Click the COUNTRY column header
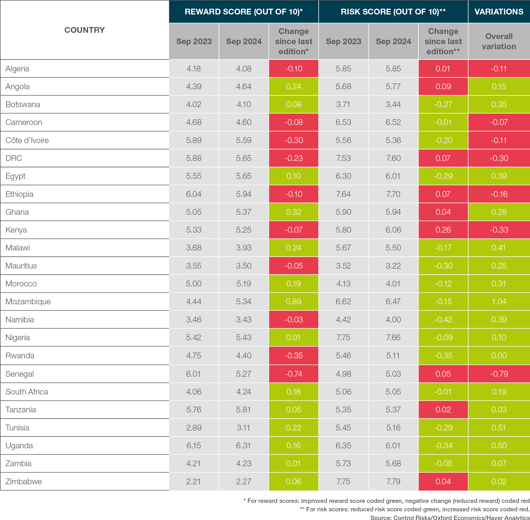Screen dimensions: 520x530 coord(84,30)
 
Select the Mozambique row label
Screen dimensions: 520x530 coord(28,302)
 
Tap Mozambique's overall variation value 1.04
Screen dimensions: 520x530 coord(499,302)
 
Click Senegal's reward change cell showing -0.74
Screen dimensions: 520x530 coord(294,374)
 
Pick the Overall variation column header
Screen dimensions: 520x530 coord(499,41)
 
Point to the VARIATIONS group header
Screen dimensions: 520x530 coord(499,12)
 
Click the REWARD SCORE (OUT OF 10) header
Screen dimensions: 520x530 coord(244,12)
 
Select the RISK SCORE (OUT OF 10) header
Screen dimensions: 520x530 coord(393,12)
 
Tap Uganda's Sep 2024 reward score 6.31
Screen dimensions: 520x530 coord(244,445)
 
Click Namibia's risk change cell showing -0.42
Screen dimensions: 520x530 coord(443,319)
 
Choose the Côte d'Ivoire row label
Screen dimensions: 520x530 coord(27,140)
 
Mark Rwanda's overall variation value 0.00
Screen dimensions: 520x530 coord(499,356)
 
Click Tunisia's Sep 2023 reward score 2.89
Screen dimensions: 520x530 coord(194,428)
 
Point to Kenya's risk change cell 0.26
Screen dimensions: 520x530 coord(443,230)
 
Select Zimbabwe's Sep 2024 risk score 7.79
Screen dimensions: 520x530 coord(393,481)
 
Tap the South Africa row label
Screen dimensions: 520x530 coord(27,392)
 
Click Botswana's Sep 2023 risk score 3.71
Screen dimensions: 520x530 coord(343,104)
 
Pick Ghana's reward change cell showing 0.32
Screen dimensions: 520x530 coord(294,212)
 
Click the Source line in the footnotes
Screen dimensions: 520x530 coord(449,517)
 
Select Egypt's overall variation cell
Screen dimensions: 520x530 coord(499,176)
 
